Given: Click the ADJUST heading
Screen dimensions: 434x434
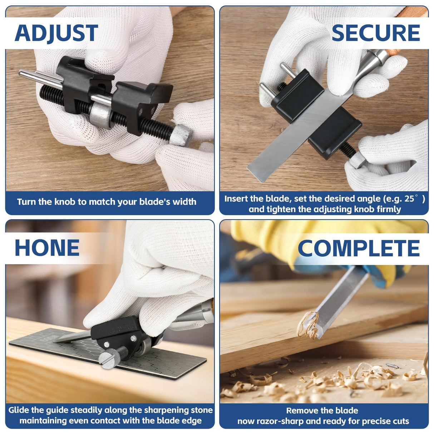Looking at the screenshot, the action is (x=56, y=33).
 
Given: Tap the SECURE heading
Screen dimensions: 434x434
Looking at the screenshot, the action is (x=376, y=33).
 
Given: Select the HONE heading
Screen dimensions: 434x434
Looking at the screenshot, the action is (x=47, y=248).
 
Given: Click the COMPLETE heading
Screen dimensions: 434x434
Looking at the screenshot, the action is (x=359, y=248).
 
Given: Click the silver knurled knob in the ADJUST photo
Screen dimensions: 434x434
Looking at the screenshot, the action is (x=181, y=135).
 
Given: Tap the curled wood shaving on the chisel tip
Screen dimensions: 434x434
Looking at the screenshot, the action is (x=308, y=325).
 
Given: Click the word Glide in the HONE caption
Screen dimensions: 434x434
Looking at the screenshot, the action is (x=19, y=410).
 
